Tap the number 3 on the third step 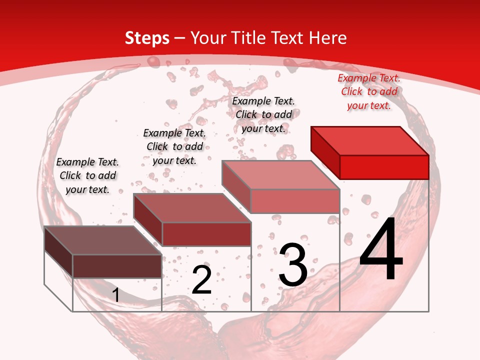point(293,265)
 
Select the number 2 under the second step point(202,280)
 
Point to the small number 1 point(116,295)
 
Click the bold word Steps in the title point(147,38)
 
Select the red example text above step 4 point(369,92)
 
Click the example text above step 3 point(263,114)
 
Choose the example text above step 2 point(174,146)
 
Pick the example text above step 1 point(87,175)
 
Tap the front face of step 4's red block point(384,167)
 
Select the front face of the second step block point(206,234)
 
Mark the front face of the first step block point(117,266)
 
